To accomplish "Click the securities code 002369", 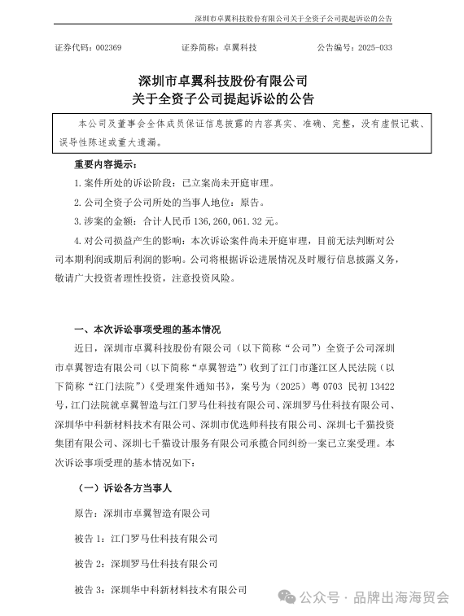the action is click(107, 48).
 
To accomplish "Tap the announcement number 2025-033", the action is click(377, 48).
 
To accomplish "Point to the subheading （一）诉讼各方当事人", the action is click(123, 488).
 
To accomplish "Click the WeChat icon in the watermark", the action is click(288, 597).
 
